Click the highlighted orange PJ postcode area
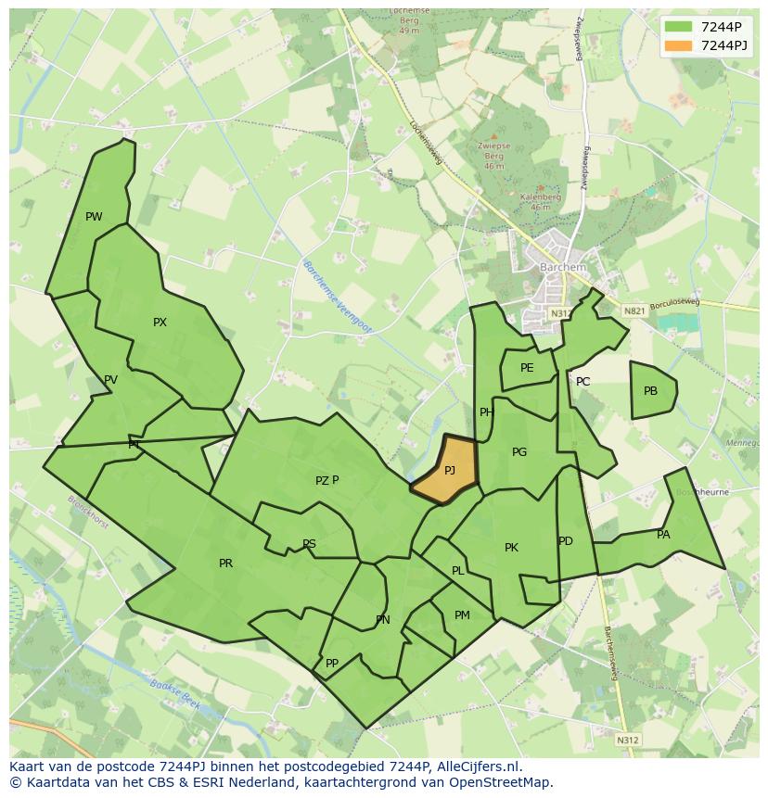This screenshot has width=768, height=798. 446,471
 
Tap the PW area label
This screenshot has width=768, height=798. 94,217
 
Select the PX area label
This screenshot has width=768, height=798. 160,323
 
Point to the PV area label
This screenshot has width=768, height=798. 111,380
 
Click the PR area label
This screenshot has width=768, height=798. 225,564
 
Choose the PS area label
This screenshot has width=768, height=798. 309,544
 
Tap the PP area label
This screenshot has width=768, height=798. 332,664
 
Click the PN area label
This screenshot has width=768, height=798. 383,620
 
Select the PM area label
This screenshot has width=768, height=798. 462,615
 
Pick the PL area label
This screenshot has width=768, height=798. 457,571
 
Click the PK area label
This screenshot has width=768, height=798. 511,548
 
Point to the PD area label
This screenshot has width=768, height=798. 566,541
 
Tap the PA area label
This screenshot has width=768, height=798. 663,535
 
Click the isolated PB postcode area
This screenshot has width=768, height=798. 651,391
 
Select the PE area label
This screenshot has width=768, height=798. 527,368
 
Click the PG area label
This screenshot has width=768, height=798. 519,452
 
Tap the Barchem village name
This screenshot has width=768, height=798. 563,268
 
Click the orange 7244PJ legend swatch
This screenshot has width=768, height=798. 678,45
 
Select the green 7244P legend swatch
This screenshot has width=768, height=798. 678,27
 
